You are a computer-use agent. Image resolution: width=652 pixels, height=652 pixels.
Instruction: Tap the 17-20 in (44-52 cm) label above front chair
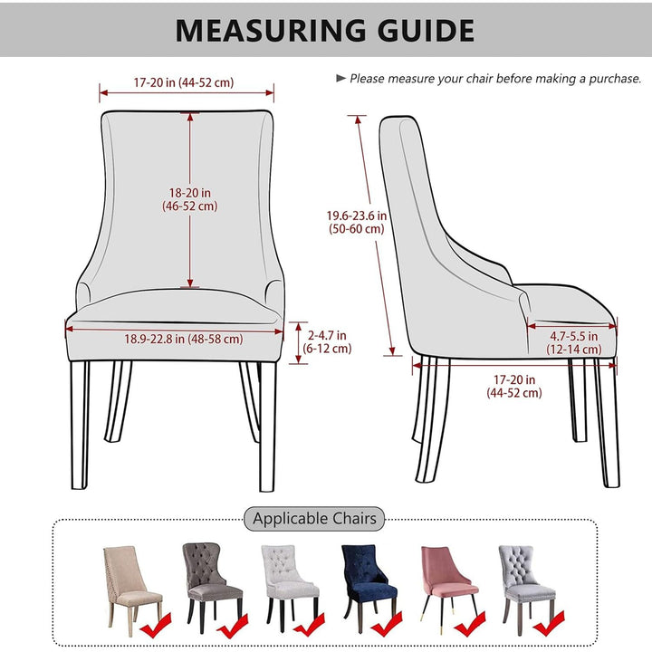point(184,82)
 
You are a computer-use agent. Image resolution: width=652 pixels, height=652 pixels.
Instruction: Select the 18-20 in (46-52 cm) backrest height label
point(190,199)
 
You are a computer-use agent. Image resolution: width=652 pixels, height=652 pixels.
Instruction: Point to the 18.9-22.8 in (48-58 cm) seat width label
point(184,339)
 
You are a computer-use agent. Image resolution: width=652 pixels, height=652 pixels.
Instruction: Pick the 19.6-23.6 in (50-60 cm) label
point(356,222)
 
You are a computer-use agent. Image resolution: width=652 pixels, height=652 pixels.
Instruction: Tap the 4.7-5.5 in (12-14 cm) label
point(574,341)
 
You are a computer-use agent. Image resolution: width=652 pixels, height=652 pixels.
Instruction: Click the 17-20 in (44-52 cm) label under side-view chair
point(513,386)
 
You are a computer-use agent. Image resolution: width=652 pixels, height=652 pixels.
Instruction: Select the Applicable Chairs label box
point(314,519)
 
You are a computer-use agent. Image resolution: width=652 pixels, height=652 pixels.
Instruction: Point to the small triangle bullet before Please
point(341,79)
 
